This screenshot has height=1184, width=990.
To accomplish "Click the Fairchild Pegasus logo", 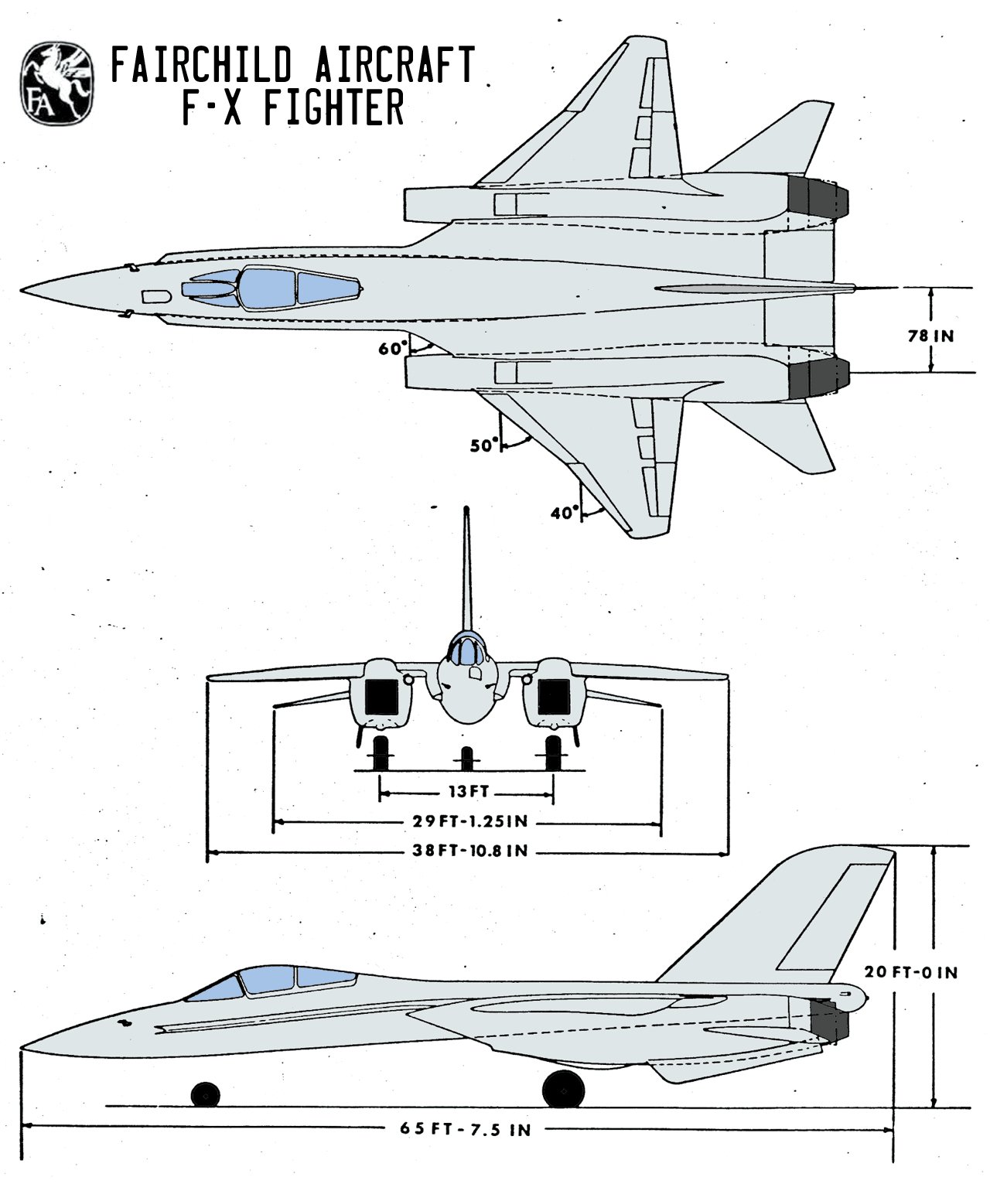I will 56,82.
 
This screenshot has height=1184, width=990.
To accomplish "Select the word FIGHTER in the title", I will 335,108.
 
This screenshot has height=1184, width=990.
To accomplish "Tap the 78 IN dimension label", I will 930,336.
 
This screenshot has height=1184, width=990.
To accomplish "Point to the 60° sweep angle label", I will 392,349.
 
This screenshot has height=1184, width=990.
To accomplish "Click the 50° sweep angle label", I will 485,445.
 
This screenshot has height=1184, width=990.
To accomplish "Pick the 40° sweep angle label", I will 565,512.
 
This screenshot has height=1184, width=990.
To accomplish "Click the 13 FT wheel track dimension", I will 466,793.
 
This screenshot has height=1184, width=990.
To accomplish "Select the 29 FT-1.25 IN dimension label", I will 466,821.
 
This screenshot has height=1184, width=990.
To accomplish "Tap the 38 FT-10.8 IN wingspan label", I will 466,851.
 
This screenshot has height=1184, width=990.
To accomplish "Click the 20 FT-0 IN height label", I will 911,972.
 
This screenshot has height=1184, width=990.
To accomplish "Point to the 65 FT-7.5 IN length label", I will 466,1129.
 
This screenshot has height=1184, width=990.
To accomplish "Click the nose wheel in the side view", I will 206,1094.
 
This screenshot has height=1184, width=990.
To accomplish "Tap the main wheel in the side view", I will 563,1088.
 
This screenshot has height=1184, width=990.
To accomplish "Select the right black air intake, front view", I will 553,697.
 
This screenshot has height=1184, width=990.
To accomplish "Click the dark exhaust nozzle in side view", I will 831,1018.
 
